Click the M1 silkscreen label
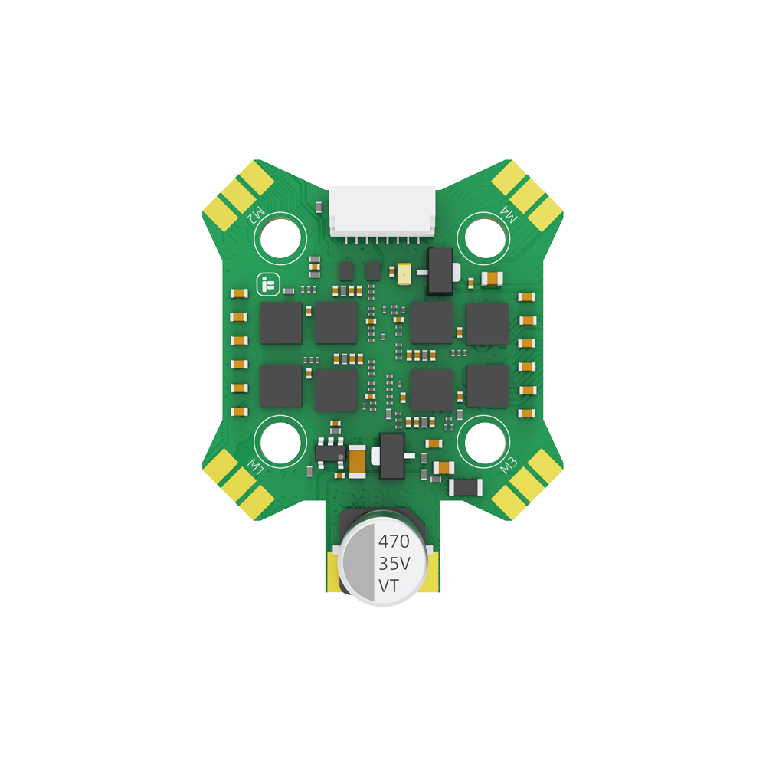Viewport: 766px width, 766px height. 257,465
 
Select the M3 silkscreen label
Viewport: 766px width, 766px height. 509,465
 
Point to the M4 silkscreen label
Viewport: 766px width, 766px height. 509,214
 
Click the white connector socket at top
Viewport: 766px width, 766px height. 382,211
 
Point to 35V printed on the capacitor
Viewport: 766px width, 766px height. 394,564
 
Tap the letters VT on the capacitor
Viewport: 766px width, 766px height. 388,586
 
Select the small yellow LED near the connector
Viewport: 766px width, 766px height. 403,272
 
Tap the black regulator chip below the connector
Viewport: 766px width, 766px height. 440,270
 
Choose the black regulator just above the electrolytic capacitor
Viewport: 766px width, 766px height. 391,455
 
